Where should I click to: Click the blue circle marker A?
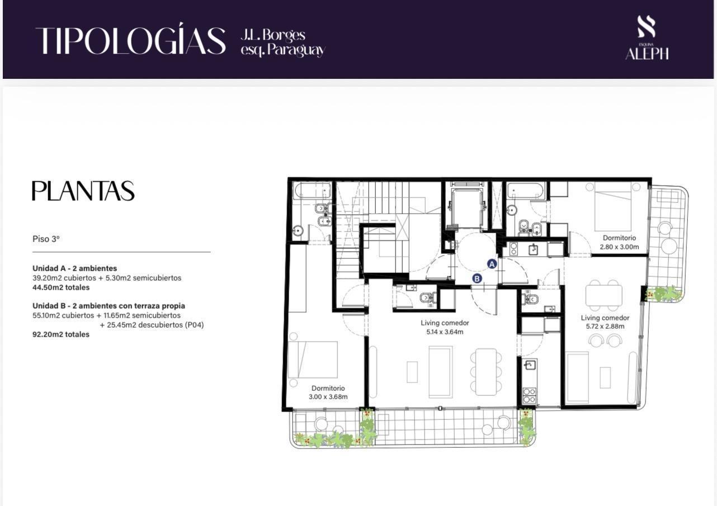(492, 264)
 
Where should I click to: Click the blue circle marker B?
(477, 278)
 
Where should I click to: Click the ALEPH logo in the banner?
(647, 38)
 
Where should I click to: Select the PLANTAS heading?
(83, 191)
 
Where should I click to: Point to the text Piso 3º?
(46, 239)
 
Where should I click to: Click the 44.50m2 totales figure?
(61, 287)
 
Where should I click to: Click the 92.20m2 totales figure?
(61, 334)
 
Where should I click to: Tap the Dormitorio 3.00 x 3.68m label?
(328, 392)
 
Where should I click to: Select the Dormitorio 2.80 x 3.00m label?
(619, 242)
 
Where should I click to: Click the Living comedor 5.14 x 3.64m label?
(445, 328)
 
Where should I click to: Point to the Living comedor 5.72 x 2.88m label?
(605, 322)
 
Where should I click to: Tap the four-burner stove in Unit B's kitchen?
(530, 395)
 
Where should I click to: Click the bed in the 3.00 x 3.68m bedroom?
(313, 360)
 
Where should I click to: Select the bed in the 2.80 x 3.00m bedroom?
(613, 211)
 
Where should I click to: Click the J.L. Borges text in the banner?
(273, 35)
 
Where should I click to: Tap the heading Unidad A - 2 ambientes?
(74, 268)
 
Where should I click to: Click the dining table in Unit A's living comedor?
(603, 295)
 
